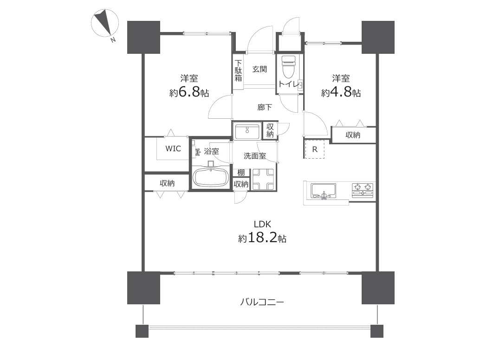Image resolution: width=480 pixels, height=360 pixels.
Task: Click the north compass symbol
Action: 105,23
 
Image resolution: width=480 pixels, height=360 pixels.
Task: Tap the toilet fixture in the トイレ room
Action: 288,68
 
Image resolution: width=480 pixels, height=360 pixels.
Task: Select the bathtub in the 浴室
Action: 211,177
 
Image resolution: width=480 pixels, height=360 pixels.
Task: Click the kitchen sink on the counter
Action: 324,191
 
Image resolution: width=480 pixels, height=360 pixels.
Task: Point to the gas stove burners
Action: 363,190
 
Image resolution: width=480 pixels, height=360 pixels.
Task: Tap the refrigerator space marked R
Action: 315,149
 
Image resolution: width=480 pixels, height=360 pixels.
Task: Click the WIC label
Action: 173,148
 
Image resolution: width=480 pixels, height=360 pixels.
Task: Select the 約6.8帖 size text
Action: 189,92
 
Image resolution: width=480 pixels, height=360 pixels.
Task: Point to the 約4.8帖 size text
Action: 341,92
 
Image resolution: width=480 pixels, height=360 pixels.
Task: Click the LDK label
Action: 262,224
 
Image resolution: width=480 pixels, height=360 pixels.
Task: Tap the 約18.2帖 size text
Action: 262,238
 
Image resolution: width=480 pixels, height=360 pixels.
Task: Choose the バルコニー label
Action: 262,302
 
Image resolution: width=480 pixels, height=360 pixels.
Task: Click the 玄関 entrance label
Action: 259,69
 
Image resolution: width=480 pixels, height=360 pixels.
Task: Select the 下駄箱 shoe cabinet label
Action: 238,71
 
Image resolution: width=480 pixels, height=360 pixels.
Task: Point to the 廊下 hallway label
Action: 265,107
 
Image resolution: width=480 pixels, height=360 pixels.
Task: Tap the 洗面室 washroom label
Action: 255,156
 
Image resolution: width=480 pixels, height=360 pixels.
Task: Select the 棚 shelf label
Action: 241,173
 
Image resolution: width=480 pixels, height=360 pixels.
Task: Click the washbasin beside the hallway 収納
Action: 247,131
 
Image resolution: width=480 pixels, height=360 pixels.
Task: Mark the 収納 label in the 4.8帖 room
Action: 353,135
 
